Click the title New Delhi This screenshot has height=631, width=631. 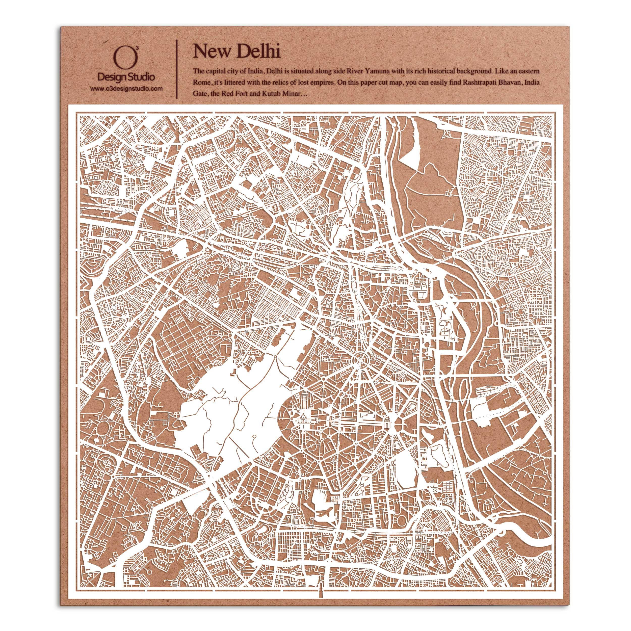236,51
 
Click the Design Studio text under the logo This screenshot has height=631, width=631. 127,77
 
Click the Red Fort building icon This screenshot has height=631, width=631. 419,287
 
